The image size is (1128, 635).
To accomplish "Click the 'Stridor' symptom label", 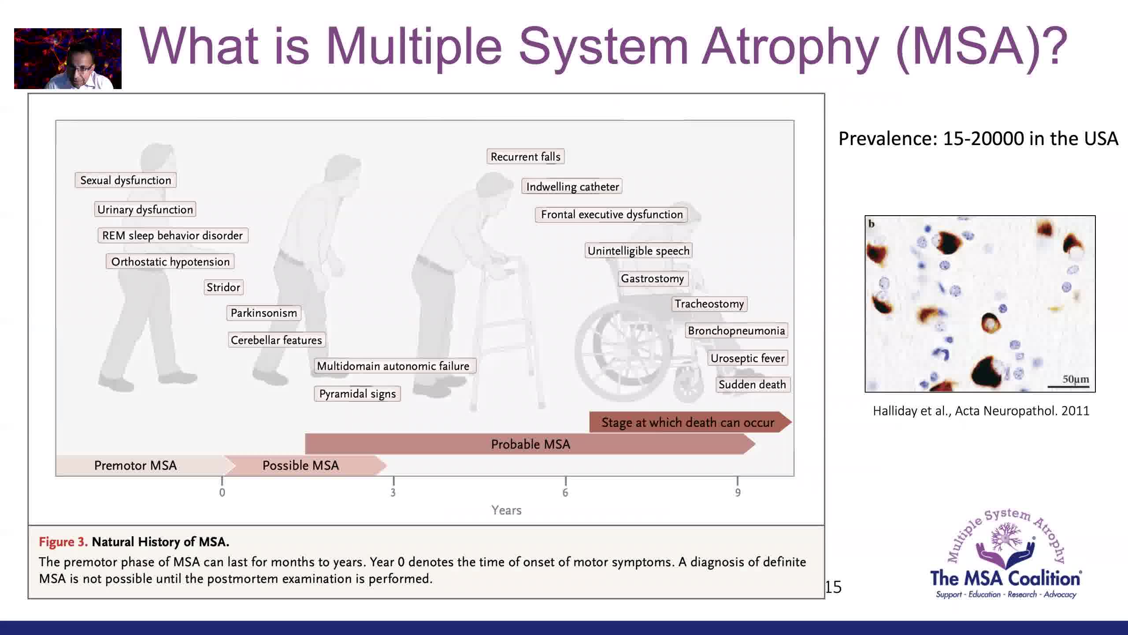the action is coord(223,288).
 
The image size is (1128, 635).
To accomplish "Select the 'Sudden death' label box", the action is coord(753,385).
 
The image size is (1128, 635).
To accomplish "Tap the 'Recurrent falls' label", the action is coord(526,157).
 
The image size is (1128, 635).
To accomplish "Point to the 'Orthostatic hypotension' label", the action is coord(170,261).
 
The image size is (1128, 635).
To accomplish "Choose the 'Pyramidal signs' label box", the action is coord(357,394).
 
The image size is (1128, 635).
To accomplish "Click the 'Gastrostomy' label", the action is coord(653,279).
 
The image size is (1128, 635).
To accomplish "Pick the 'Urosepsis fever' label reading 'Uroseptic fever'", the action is coord(748,358).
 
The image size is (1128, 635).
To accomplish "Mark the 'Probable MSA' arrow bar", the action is coord(530,444).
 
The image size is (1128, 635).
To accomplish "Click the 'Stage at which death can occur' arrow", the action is coord(690,422).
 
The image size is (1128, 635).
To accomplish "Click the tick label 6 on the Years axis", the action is coord(565,493).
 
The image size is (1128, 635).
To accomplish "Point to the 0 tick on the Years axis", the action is coord(222,493).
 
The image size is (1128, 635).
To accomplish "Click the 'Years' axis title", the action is coord(506,510).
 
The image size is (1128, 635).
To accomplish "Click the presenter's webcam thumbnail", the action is coord(68,59).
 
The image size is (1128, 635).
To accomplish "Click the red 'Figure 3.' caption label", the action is coord(63,542).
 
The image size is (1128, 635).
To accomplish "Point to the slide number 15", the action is coord(833,587).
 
